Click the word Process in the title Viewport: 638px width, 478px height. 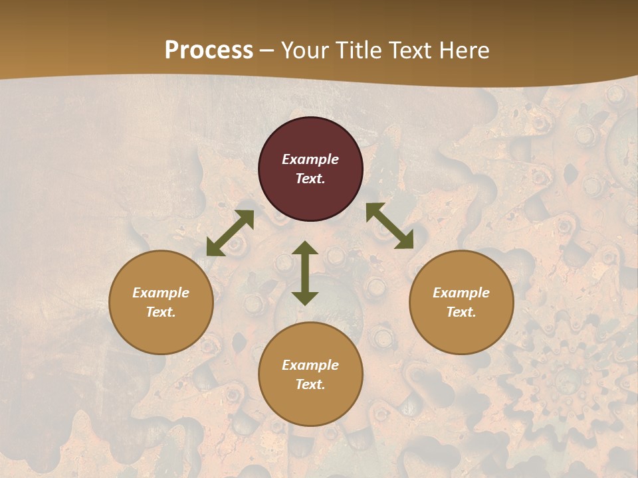(x=209, y=50)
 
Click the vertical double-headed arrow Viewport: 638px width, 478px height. (x=305, y=273)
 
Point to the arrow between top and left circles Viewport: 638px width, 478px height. (x=230, y=233)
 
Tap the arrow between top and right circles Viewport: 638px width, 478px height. (x=389, y=226)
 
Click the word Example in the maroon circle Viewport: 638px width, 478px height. (x=310, y=159)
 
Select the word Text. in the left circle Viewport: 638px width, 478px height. (x=161, y=312)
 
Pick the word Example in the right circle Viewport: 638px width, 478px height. (x=461, y=293)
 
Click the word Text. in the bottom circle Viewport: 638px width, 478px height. (x=310, y=384)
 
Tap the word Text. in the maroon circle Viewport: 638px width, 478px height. (x=310, y=179)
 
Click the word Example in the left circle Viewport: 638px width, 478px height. (x=161, y=293)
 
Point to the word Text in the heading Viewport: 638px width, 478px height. (x=411, y=50)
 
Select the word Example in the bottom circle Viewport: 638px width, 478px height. (x=310, y=365)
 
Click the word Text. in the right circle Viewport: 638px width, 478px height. (x=461, y=312)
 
